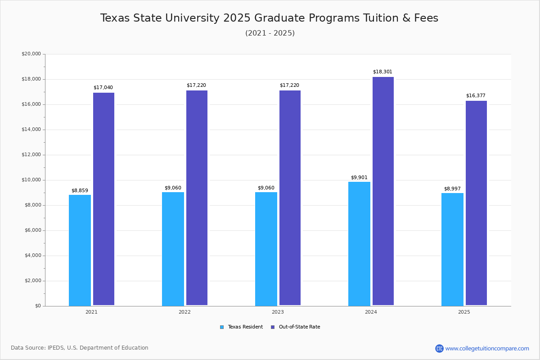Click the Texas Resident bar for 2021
coord(80,250)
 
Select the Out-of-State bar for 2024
coord(383,191)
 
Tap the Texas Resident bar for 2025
coord(452,249)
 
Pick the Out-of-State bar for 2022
coord(197,198)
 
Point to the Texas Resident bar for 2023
coord(266,249)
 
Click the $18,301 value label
coord(382,72)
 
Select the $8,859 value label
coord(80,191)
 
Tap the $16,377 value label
coord(476,96)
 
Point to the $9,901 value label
coord(359,178)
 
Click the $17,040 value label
coord(103,88)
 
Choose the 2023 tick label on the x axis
coord(278,312)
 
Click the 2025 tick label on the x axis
coord(464,312)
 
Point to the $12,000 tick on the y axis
coord(31,155)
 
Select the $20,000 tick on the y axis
coord(31,54)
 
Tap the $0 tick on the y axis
coord(37,306)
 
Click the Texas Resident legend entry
coord(242,327)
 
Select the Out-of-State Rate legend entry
coord(296,327)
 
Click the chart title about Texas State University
coord(269,18)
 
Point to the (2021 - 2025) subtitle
coord(270,33)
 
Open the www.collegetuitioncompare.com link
coord(487,348)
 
